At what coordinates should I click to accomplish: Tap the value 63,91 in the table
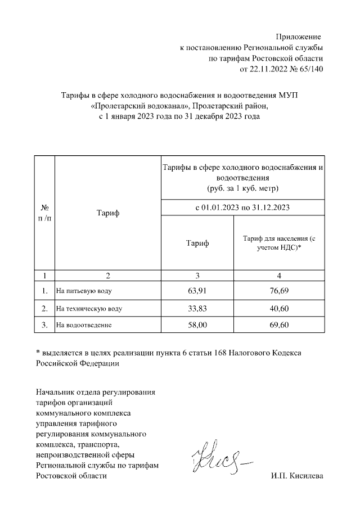click(197, 291)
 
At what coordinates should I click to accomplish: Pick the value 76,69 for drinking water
click(279, 291)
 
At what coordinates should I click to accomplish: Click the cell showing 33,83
click(197, 308)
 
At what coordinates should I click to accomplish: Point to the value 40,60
click(279, 308)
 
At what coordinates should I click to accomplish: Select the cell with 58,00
click(197, 325)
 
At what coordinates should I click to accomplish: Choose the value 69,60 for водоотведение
click(279, 325)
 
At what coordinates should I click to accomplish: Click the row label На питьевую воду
click(83, 292)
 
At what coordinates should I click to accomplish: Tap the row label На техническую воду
click(88, 309)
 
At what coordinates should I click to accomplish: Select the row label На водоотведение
click(84, 326)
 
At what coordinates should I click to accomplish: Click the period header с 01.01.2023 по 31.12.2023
click(242, 207)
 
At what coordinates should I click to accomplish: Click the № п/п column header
click(44, 213)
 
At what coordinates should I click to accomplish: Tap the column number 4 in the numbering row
click(279, 276)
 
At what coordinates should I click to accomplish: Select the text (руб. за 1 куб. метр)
click(242, 187)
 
